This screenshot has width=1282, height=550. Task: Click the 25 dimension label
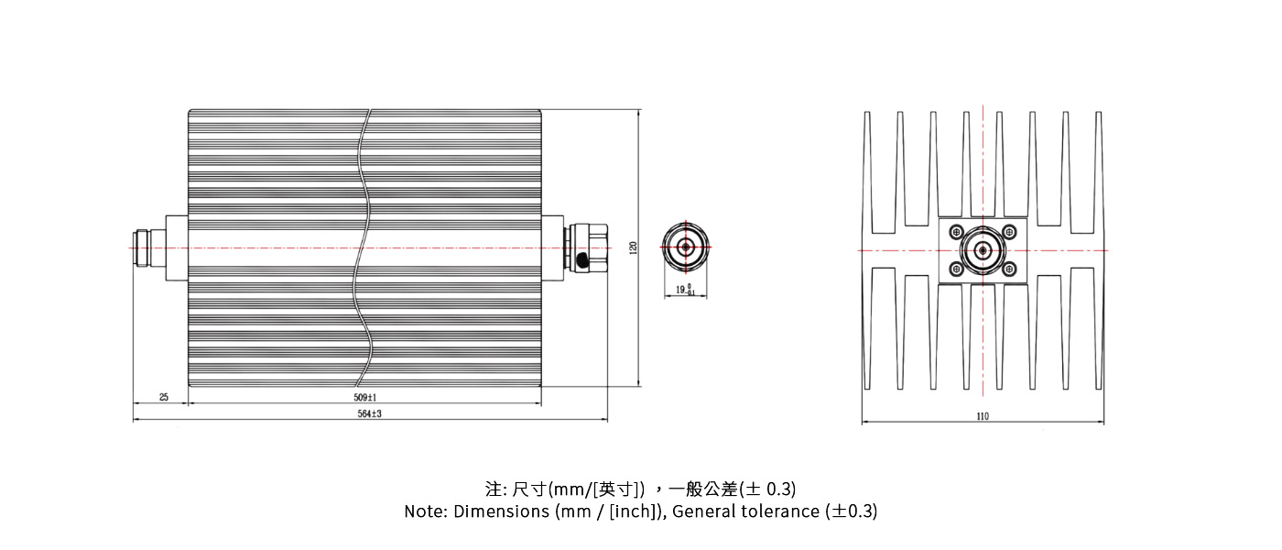point(164,397)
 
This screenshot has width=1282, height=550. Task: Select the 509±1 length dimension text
point(364,397)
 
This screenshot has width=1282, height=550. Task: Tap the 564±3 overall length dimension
point(369,414)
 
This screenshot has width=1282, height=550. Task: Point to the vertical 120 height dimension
point(633,247)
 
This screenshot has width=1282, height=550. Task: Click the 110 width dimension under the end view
point(983,416)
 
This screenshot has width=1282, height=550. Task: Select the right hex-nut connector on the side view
point(588,247)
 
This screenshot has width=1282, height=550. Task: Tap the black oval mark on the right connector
point(584,263)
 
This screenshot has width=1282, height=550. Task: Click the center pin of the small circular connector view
point(684,247)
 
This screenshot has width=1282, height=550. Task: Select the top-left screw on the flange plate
point(956,231)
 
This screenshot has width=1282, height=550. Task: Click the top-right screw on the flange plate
point(1009,231)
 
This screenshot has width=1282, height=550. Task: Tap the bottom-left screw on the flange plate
point(956,269)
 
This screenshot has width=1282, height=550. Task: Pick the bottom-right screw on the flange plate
point(1009,269)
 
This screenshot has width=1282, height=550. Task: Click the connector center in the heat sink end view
point(983,250)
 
